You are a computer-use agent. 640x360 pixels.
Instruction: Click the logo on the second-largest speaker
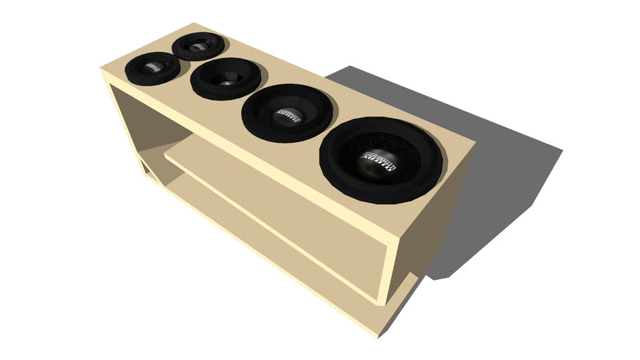click(288, 113)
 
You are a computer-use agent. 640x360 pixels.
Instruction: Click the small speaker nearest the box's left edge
click(152, 67)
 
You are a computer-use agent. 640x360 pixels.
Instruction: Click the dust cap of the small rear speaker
click(197, 45)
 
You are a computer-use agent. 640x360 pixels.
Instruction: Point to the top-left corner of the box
click(102, 69)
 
